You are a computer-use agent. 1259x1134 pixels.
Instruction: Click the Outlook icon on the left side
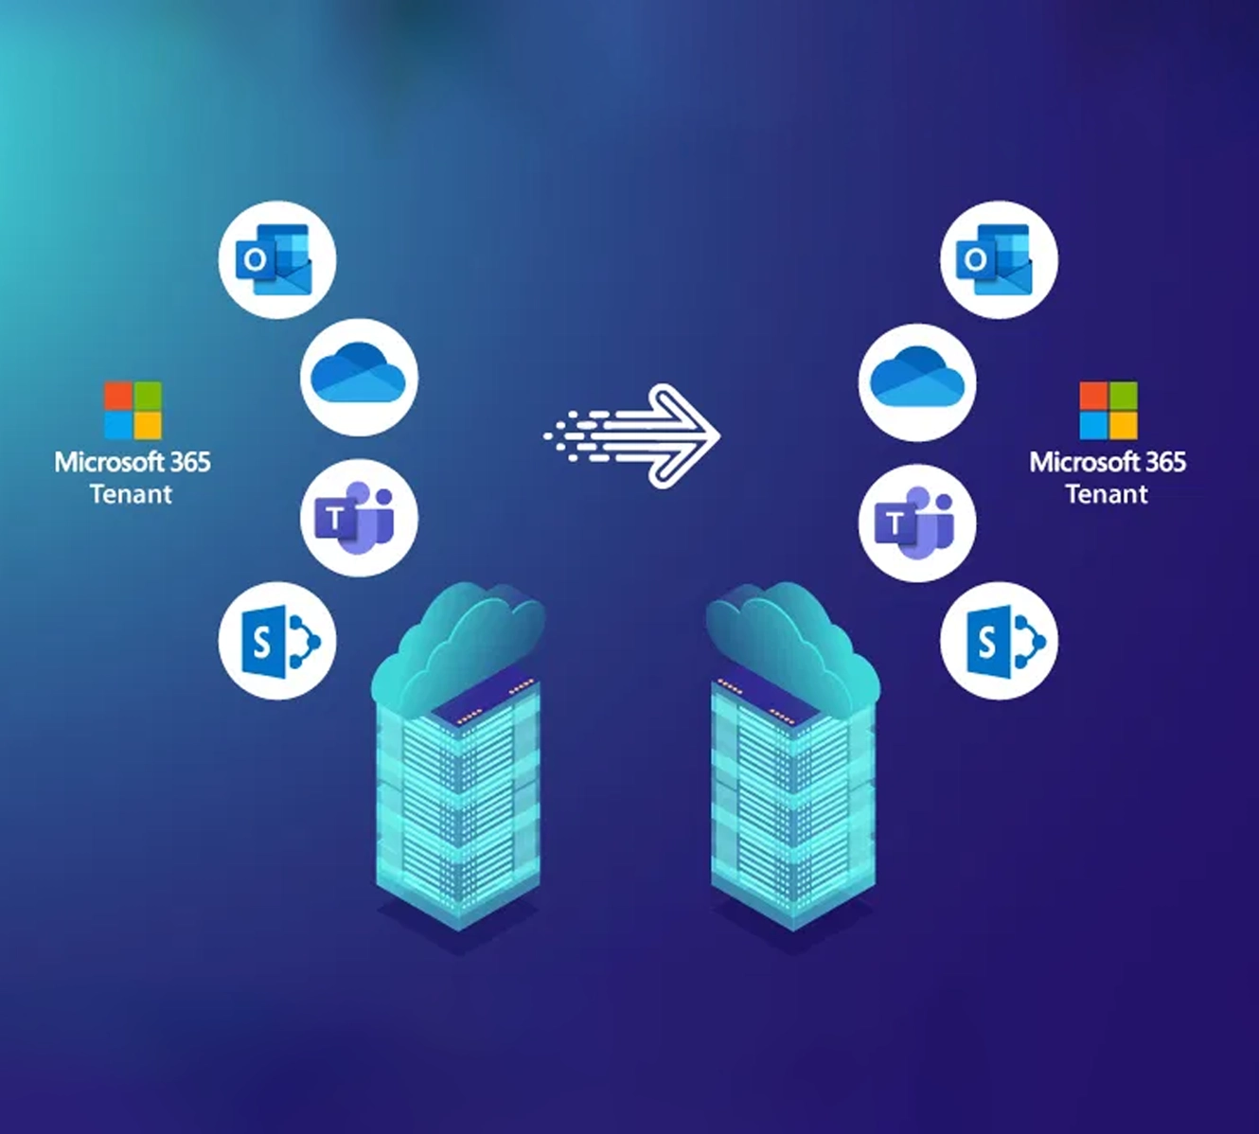point(277,259)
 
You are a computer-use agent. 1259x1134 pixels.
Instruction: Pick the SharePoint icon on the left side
point(277,641)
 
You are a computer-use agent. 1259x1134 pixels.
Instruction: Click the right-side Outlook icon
point(999,259)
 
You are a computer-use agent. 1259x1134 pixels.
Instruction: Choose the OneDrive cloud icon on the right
point(916,381)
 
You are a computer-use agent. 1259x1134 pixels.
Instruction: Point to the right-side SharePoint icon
point(999,641)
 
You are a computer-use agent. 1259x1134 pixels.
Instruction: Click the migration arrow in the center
point(634,435)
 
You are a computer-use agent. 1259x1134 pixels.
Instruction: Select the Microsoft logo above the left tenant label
point(133,411)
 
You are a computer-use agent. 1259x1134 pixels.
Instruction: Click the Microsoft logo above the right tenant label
point(1108,411)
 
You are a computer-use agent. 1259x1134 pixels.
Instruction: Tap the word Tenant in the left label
point(131,494)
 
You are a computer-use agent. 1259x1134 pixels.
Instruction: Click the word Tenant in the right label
point(1107,494)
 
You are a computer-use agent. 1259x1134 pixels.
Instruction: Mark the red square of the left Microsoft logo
point(118,396)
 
